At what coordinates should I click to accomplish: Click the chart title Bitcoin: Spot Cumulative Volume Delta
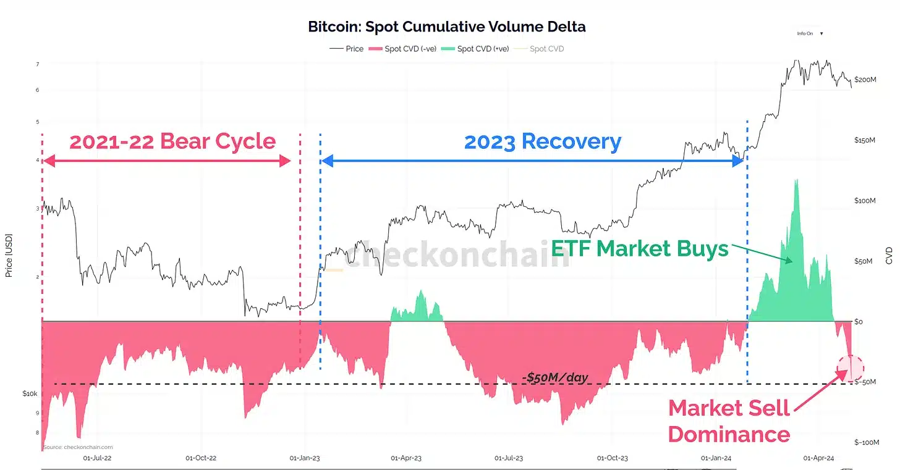[x=447, y=27]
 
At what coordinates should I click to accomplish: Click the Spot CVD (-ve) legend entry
[x=408, y=49]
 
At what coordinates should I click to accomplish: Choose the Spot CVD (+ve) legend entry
[x=482, y=49]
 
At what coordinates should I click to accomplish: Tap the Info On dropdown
[x=809, y=33]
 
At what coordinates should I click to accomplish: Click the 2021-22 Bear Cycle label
[x=172, y=141]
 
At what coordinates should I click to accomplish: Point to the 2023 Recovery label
[x=542, y=141]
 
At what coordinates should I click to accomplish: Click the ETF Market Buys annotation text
[x=640, y=249]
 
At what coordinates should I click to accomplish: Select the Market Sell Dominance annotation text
[x=729, y=421]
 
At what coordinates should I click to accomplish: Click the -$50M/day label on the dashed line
[x=554, y=377]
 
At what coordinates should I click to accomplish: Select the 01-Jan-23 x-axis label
[x=305, y=458]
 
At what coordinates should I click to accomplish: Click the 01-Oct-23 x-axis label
[x=612, y=458]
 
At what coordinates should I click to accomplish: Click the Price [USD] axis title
[x=9, y=255]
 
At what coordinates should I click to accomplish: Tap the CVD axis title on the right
[x=889, y=255]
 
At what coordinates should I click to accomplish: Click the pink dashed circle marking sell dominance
[x=851, y=368]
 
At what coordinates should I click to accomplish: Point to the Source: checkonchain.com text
[x=78, y=447]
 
